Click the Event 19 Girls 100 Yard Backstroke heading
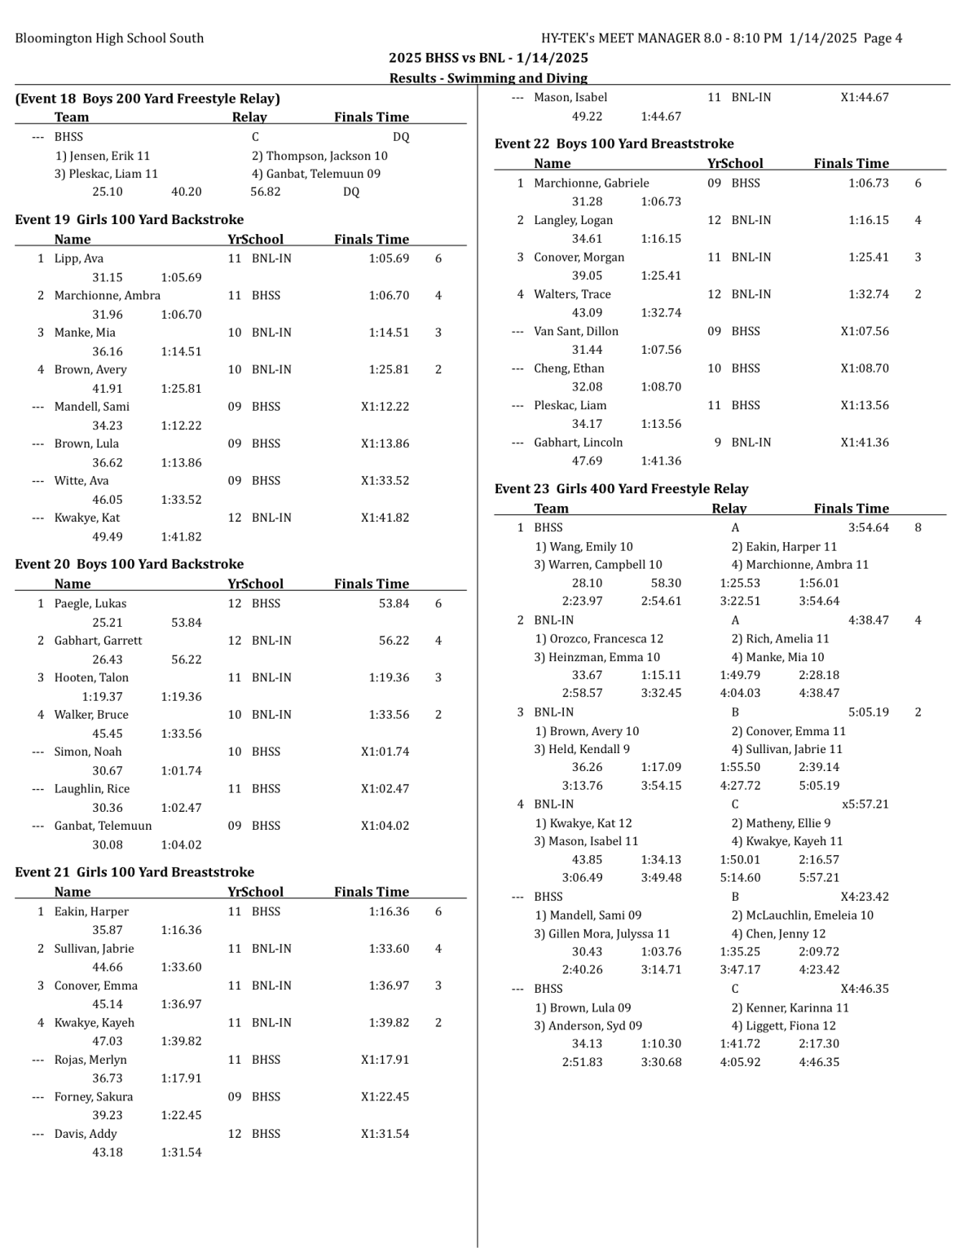[x=129, y=219]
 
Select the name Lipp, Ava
[x=79, y=258]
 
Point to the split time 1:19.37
[x=102, y=696]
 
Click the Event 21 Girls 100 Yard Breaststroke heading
[x=134, y=872]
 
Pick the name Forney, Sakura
[x=94, y=1096]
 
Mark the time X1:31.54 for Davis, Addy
[x=385, y=1134]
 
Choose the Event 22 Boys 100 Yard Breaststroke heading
[x=614, y=143]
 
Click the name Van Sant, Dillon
[x=576, y=331]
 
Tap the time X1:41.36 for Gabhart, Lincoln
[x=865, y=443]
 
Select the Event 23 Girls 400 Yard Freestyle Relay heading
[x=621, y=489]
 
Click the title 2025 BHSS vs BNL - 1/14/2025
[x=488, y=58]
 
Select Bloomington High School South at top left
[x=109, y=38]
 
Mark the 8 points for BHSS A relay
[x=918, y=527]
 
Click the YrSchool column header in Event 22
[x=735, y=163]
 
